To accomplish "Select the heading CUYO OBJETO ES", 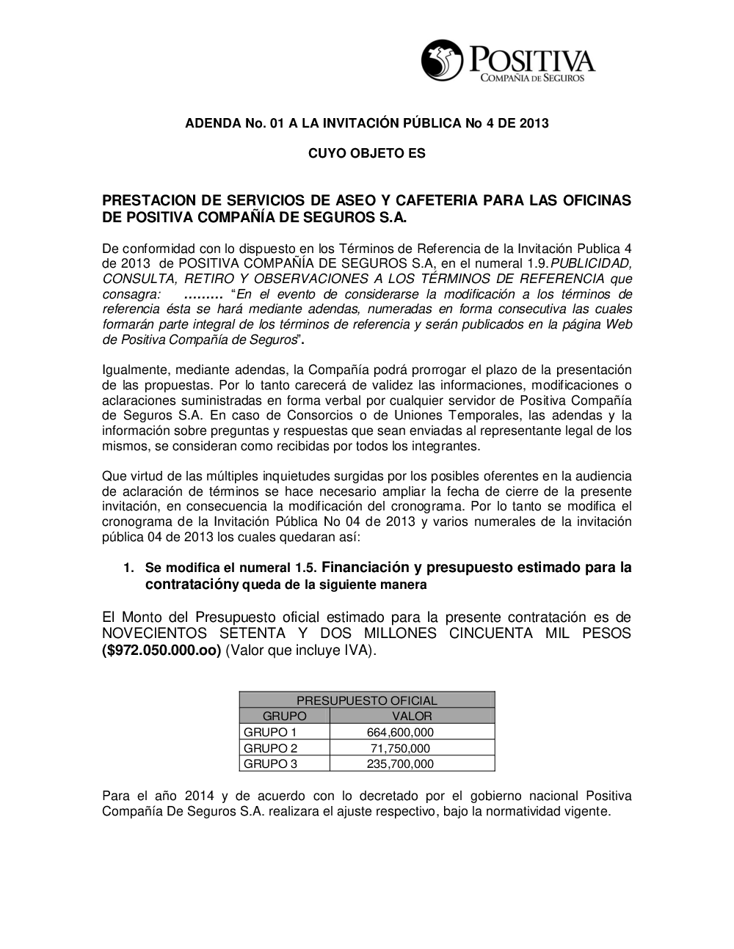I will click(x=366, y=153).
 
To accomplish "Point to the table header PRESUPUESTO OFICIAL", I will click(x=366, y=700).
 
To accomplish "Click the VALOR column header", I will click(x=412, y=716).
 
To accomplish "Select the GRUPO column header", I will click(x=284, y=716).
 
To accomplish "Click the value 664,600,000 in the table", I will click(x=400, y=732).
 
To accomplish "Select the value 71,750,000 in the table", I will click(x=400, y=748).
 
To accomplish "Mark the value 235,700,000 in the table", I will click(x=400, y=763).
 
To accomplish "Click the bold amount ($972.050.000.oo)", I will click(x=161, y=650).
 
